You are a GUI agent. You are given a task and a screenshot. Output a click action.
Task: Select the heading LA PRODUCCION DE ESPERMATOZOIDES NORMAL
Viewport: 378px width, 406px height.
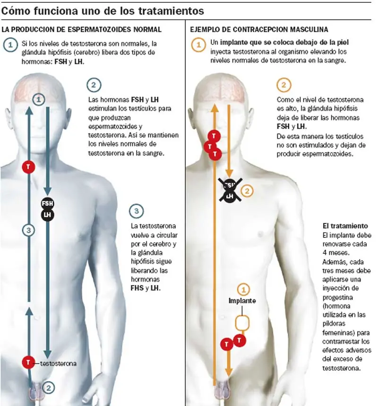pos(82,29)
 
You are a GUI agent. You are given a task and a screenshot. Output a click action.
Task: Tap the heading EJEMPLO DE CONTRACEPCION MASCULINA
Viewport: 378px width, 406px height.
pos(259,29)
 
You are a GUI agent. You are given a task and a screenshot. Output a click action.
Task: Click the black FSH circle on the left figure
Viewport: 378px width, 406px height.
pos(47,203)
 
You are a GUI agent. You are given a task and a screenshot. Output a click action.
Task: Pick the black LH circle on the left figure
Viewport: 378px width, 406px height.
pos(48,215)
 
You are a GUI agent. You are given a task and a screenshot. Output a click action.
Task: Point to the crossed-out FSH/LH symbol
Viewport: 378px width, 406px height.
pos(230,190)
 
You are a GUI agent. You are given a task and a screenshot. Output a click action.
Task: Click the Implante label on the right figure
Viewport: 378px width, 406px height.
pos(242,301)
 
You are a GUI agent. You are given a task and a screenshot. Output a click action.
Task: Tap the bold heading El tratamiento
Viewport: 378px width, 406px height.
pos(345,226)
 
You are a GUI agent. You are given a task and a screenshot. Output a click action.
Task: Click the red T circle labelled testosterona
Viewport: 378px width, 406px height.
pos(28,362)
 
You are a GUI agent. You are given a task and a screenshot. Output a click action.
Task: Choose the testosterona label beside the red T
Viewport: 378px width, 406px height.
pos(58,363)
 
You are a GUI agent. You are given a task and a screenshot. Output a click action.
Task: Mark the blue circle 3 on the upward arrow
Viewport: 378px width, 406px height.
pos(29,230)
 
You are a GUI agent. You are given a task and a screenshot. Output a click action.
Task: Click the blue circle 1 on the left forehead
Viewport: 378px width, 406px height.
pos(39,99)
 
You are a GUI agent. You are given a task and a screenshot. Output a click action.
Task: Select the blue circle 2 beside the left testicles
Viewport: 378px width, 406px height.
pos(48,388)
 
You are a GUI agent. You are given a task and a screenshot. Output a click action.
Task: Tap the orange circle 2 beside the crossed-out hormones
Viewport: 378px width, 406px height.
pos(247,191)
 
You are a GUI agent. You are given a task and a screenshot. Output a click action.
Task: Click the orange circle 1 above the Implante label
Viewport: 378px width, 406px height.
pos(243,289)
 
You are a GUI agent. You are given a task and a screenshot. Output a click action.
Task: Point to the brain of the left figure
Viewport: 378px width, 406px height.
pos(39,92)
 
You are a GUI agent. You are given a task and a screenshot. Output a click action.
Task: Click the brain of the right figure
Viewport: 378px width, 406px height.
pos(220,92)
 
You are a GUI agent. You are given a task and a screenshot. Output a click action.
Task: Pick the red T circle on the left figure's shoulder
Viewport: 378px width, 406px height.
pos(28,167)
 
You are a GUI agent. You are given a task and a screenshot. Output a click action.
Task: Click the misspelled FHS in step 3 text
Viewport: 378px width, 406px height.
pos(137,288)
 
